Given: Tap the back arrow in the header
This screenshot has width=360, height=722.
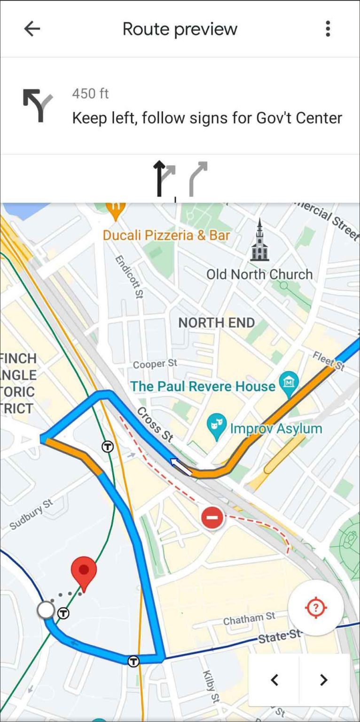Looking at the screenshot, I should (32, 29).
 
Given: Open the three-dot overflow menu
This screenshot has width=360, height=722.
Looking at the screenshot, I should (328, 29).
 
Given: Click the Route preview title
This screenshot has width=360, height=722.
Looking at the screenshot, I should (180, 29).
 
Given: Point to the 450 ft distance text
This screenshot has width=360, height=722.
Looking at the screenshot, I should (90, 94).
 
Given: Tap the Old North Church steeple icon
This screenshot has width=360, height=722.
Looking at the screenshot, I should (259, 241).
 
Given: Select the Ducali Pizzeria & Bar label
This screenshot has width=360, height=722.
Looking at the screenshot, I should (166, 235).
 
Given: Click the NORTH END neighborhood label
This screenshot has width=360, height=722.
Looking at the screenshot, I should (217, 322).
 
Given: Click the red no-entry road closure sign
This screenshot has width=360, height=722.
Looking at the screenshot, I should (212, 518).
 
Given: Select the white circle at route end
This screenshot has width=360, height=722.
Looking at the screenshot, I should (46, 610).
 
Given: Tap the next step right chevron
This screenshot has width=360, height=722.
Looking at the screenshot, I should (323, 680).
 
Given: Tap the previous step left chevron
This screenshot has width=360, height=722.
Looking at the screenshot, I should (274, 680).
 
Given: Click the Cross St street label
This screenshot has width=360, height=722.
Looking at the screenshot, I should (155, 425).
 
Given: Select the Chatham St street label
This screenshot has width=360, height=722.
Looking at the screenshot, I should (249, 619).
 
